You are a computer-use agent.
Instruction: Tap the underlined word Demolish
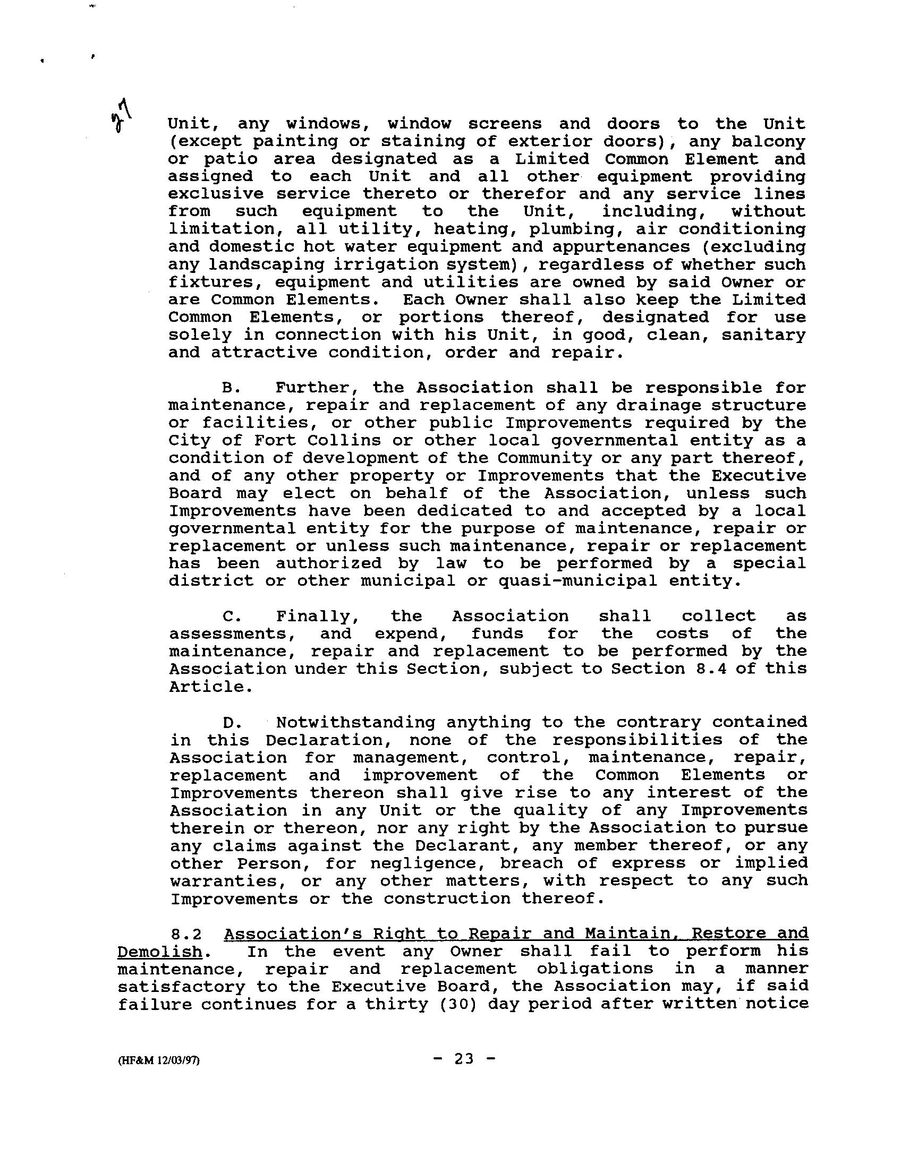coord(159,952)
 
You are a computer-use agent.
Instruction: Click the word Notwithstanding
coord(355,723)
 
